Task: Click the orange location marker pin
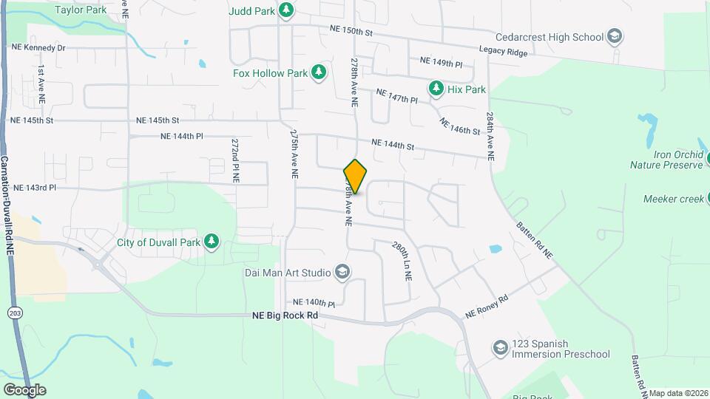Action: (x=355, y=177)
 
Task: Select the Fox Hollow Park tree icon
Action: (x=319, y=72)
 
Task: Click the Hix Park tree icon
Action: (x=436, y=89)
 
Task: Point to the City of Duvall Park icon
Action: (x=212, y=242)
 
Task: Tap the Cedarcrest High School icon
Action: (x=614, y=36)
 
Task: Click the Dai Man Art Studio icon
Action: (x=342, y=273)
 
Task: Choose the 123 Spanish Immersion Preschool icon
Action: (x=500, y=347)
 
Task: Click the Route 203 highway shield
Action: (x=14, y=313)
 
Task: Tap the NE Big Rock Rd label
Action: (x=285, y=316)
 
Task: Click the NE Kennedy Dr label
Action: (x=38, y=47)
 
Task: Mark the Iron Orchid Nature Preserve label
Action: (x=666, y=160)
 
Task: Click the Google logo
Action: (x=24, y=389)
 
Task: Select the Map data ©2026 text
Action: (x=678, y=393)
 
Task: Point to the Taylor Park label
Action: (x=81, y=10)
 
